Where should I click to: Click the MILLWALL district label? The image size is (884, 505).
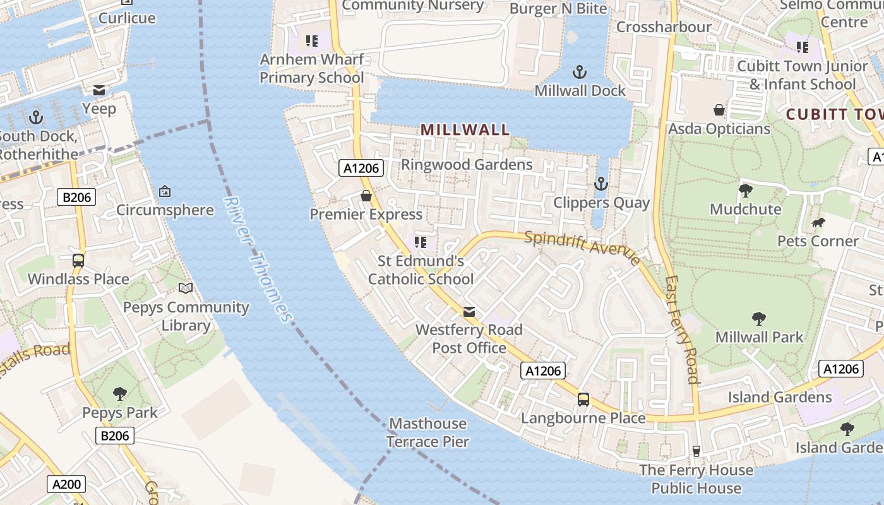[465, 130]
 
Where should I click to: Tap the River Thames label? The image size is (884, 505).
[258, 259]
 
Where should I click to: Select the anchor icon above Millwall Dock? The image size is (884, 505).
[579, 72]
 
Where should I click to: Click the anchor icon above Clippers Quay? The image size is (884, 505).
[600, 184]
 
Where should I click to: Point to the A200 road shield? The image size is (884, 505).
[66, 484]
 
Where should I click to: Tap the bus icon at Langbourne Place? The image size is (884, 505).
[583, 399]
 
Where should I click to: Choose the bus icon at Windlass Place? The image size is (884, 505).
[78, 260]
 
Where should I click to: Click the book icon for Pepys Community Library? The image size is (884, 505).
[185, 288]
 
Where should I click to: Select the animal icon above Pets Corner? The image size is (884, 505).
[818, 222]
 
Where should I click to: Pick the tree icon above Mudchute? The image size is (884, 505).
[745, 190]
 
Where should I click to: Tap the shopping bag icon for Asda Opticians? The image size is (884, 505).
[719, 110]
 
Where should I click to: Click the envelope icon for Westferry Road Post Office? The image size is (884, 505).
[469, 312]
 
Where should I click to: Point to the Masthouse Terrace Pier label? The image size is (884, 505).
[427, 432]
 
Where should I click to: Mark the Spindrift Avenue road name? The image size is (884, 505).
[582, 246]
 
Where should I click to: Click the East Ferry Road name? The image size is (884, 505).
[681, 330]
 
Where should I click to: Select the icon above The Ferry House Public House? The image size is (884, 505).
[696, 451]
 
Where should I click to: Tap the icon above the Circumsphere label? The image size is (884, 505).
[165, 191]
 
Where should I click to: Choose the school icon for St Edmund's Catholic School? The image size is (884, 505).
[420, 242]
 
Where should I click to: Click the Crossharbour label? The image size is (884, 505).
[663, 27]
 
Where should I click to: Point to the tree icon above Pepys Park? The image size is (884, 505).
[119, 394]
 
